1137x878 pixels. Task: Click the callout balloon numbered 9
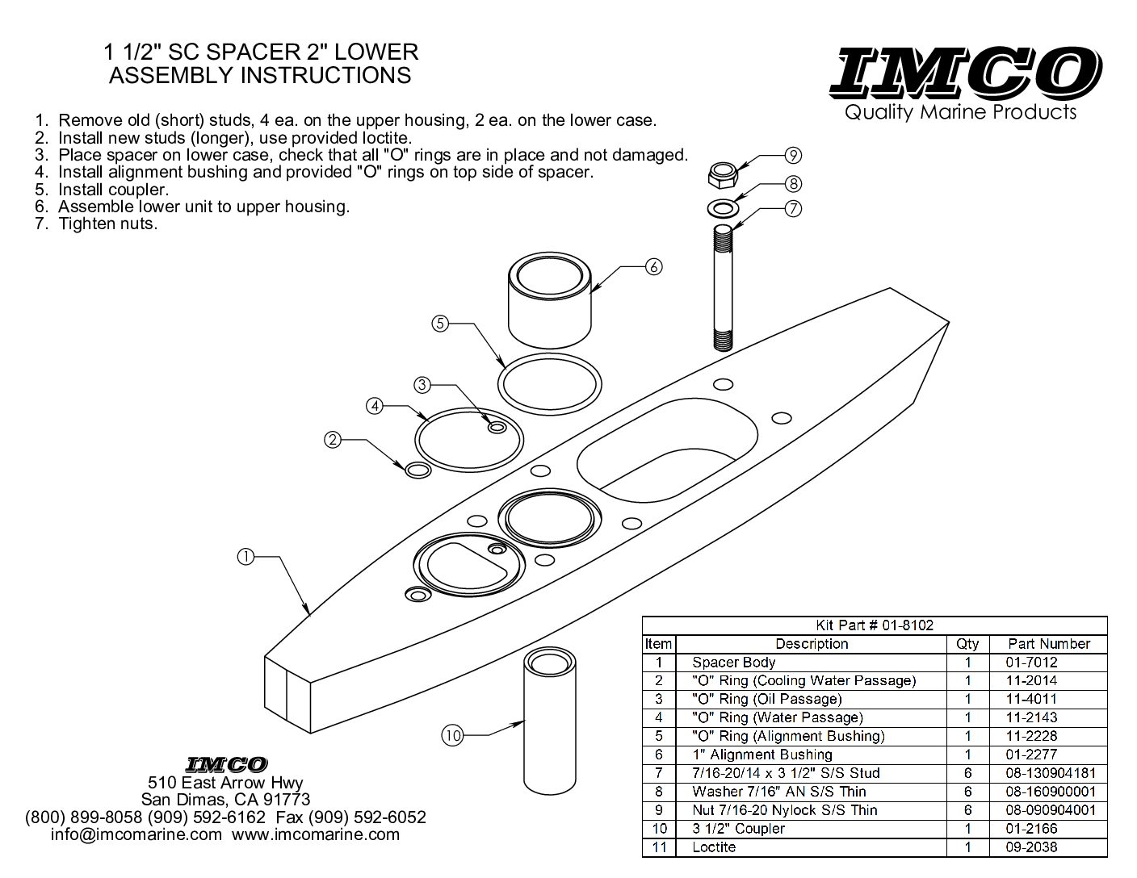[x=793, y=155]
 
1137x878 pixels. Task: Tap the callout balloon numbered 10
[x=452, y=735]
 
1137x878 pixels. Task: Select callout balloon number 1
[x=246, y=556]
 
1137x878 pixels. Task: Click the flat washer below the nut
[x=723, y=208]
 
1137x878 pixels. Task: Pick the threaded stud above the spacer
[x=723, y=286]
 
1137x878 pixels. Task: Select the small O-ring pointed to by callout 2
[x=417, y=470]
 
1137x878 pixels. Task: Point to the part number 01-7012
[x=1031, y=663]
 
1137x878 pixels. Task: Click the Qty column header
[x=967, y=644]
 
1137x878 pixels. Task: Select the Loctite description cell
[x=714, y=847]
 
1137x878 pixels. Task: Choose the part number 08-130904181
[x=1050, y=773]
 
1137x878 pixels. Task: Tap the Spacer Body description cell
[x=733, y=663]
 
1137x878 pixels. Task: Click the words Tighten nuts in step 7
[x=107, y=224]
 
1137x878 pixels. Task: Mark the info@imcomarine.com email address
[x=136, y=834]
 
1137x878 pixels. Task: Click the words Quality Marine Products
[x=961, y=112]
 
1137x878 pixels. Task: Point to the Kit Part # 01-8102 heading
[x=874, y=625]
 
